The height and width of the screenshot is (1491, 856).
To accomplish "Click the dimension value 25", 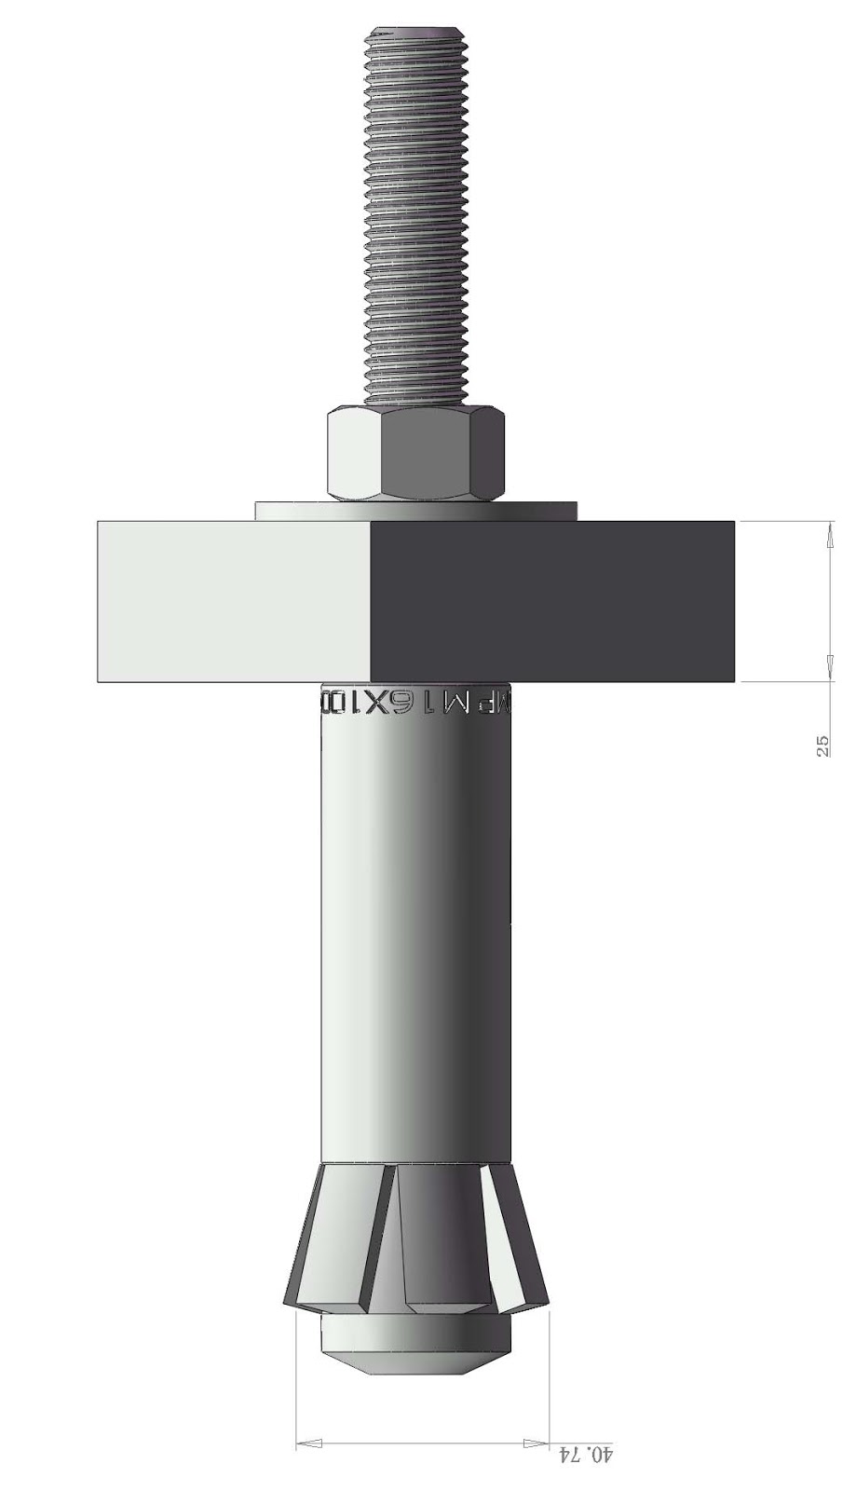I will (x=822, y=745).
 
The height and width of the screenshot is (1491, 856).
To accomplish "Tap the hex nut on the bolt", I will (x=417, y=454).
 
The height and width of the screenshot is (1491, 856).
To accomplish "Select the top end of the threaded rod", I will (x=415, y=37).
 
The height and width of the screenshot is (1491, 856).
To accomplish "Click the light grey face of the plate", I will (x=233, y=601).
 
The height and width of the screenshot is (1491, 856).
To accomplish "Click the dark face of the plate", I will (x=552, y=601).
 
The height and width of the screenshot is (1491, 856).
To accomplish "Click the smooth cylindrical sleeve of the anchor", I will (x=416, y=932).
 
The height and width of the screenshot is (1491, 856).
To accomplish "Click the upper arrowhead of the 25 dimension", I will (x=829, y=535).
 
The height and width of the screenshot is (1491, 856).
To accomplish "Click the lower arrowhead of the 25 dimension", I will (x=829, y=668).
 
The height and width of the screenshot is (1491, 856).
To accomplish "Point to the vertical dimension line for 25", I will (x=829, y=601).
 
